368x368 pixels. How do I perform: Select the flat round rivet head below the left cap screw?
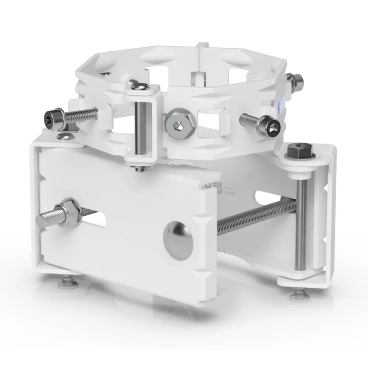tap(64, 137)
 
